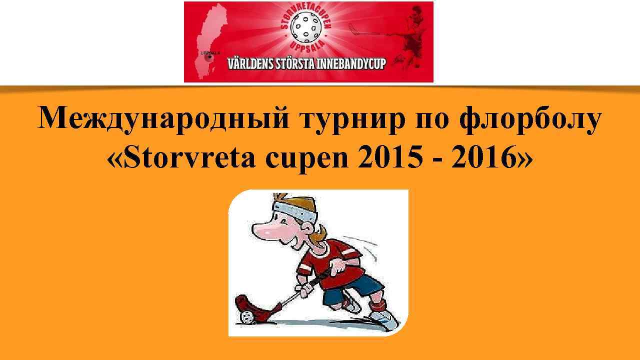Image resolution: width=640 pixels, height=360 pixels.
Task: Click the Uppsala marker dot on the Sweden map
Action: coord(210,57)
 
